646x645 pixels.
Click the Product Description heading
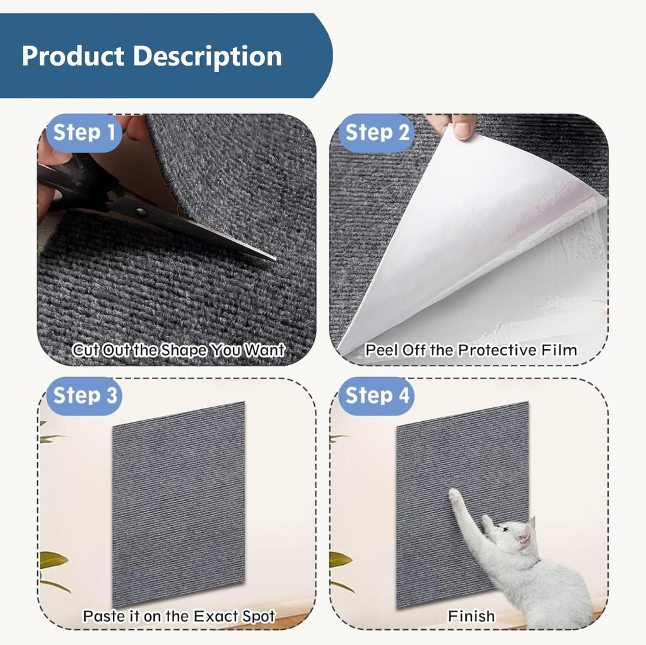pyautogui.click(x=151, y=56)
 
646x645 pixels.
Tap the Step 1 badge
pyautogui.click(x=85, y=133)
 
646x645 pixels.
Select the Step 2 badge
pyautogui.click(x=377, y=133)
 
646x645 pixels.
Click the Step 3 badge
pyautogui.click(x=85, y=396)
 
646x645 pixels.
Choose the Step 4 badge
pyautogui.click(x=377, y=396)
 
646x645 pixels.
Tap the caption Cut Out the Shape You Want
pyautogui.click(x=178, y=350)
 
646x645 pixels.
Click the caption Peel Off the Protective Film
pyautogui.click(x=471, y=350)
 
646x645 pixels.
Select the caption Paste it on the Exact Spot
pyautogui.click(x=179, y=615)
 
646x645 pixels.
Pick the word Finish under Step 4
pyautogui.click(x=471, y=615)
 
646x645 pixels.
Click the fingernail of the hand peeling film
pyautogui.click(x=463, y=130)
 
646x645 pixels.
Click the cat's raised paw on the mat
pyautogui.click(x=454, y=496)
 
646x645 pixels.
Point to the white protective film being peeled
pyautogui.click(x=479, y=240)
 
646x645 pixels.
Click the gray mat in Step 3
pyautogui.click(x=179, y=504)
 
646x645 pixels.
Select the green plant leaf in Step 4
pyautogui.click(x=339, y=559)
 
